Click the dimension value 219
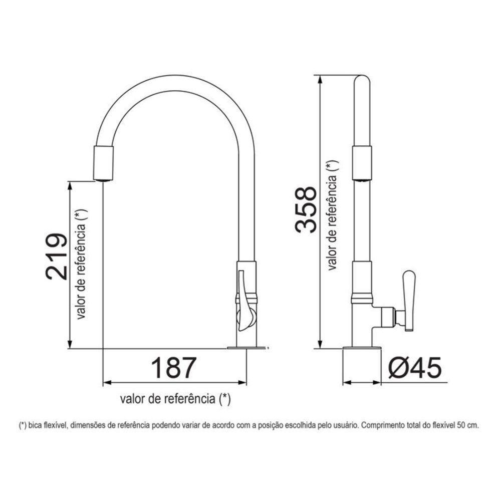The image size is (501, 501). (x=56, y=257)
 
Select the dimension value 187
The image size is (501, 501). (x=173, y=368)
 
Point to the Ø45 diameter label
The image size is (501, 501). (x=415, y=368)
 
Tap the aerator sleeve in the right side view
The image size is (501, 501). (x=362, y=161)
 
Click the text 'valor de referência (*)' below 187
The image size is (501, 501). (x=175, y=399)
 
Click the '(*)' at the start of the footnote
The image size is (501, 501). (x=23, y=425)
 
